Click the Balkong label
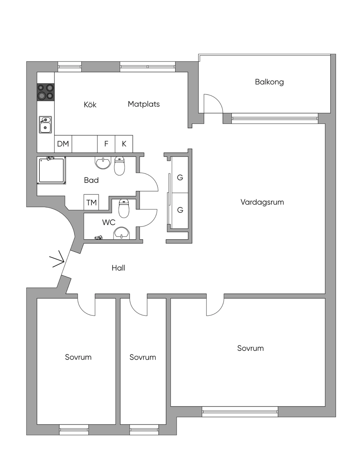269,82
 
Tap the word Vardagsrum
262,202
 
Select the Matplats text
143,104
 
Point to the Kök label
90,104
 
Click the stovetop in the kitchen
45,92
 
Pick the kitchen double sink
45,125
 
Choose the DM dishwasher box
63,144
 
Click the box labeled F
106,144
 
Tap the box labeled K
124,144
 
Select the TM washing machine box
91,202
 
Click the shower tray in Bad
51,170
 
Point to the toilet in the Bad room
120,166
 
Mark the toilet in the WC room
124,208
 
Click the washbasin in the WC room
121,233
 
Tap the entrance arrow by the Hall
57,259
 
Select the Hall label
118,268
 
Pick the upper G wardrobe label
180,177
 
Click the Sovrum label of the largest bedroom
250,348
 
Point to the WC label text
109,222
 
